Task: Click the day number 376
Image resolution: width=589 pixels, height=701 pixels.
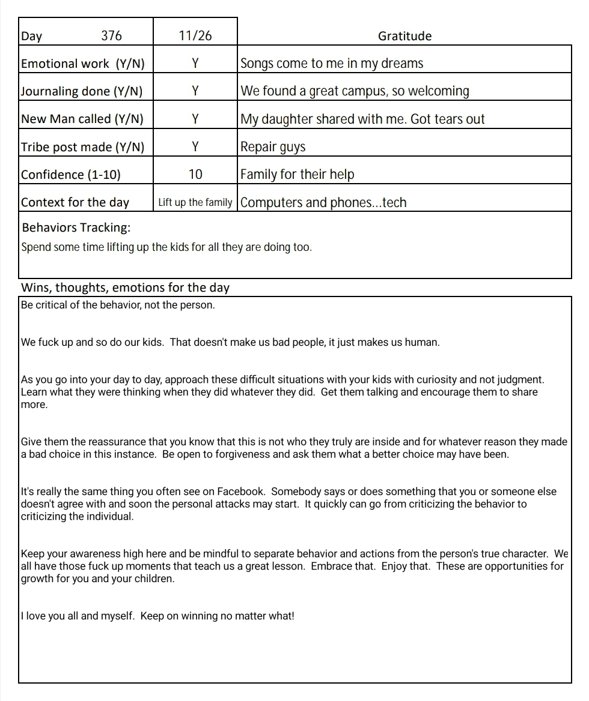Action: click(x=111, y=36)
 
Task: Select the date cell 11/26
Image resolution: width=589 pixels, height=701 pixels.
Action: click(x=195, y=36)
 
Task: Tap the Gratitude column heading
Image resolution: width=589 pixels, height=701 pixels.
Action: click(x=404, y=36)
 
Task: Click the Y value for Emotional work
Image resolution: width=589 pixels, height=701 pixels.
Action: click(x=195, y=64)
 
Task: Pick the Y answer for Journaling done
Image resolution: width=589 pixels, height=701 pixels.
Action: click(x=195, y=91)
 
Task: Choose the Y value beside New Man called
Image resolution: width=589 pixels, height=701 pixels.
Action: click(x=195, y=119)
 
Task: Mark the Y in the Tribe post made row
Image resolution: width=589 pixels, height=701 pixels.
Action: click(x=195, y=146)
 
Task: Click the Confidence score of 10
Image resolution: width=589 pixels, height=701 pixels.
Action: click(x=195, y=175)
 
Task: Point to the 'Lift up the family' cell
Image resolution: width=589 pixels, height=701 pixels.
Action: click(x=195, y=202)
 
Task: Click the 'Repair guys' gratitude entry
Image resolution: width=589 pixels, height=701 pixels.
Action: click(x=273, y=147)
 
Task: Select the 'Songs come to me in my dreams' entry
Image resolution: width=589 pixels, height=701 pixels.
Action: click(x=332, y=64)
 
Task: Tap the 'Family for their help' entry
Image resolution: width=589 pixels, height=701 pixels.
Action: click(x=298, y=175)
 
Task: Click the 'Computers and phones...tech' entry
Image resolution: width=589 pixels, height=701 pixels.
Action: click(x=323, y=203)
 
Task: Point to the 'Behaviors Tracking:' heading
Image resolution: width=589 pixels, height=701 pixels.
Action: click(x=76, y=228)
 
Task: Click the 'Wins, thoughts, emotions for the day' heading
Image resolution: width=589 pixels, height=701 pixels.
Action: click(x=125, y=287)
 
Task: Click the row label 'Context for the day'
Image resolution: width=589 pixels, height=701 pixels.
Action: click(x=75, y=202)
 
